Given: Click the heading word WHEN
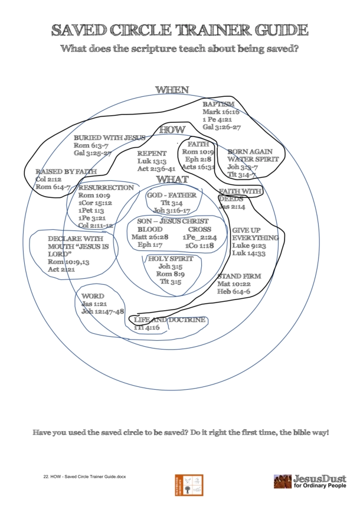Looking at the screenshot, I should [x=172, y=90].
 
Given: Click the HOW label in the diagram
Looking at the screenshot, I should [x=172, y=130].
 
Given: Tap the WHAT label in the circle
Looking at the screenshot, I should [x=172, y=179].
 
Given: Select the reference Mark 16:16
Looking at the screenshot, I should [x=221, y=111].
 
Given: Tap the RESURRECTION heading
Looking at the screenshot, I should [x=106, y=187].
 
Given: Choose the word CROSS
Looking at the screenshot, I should [x=199, y=229].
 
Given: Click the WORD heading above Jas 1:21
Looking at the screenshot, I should [x=93, y=296].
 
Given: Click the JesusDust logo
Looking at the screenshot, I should [x=309, y=481].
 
